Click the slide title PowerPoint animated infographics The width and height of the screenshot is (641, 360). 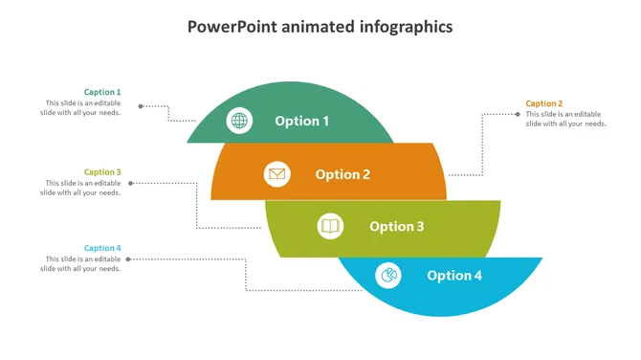[x=320, y=27]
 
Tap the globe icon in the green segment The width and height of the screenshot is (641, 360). [x=239, y=121]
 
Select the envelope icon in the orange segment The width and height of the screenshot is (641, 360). [x=276, y=174]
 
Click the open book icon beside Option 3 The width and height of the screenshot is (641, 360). [x=330, y=226]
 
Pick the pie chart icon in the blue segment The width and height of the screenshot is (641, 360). [x=388, y=276]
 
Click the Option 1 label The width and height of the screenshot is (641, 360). [x=302, y=121]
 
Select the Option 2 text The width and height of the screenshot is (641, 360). [x=343, y=174]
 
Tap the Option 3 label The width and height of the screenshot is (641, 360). [x=396, y=226]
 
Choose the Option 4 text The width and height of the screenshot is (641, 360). [x=454, y=276]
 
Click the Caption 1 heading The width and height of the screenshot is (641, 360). [x=102, y=92]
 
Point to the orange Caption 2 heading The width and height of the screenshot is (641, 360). [x=544, y=103]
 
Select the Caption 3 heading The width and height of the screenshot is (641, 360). [x=102, y=172]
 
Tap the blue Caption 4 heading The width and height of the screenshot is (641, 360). [x=102, y=248]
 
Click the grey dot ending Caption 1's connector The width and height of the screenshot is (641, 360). [x=141, y=106]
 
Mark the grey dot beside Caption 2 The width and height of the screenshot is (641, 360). [x=516, y=115]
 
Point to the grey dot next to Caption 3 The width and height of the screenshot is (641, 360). [x=141, y=183]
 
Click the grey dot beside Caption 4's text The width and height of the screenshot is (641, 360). [x=141, y=259]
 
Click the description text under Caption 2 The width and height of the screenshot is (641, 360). [x=565, y=119]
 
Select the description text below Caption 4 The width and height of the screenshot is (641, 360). [x=80, y=264]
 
